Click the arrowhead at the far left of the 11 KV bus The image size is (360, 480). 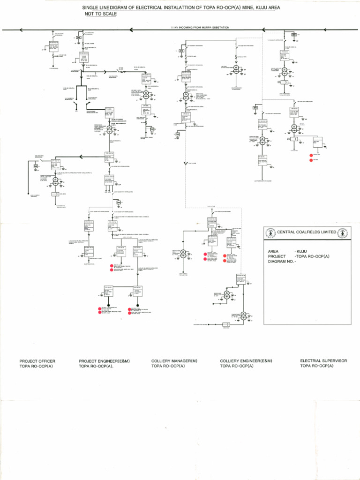(x=21, y=30)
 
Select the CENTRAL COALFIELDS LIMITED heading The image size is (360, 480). (x=307, y=232)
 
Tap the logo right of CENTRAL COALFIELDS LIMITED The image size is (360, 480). (x=343, y=232)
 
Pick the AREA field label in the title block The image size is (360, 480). (x=273, y=252)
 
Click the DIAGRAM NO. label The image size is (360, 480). (x=282, y=262)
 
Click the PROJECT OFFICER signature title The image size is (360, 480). (x=37, y=361)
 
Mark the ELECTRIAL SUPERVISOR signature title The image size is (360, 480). (x=323, y=361)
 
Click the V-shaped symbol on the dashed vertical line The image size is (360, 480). (x=186, y=164)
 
